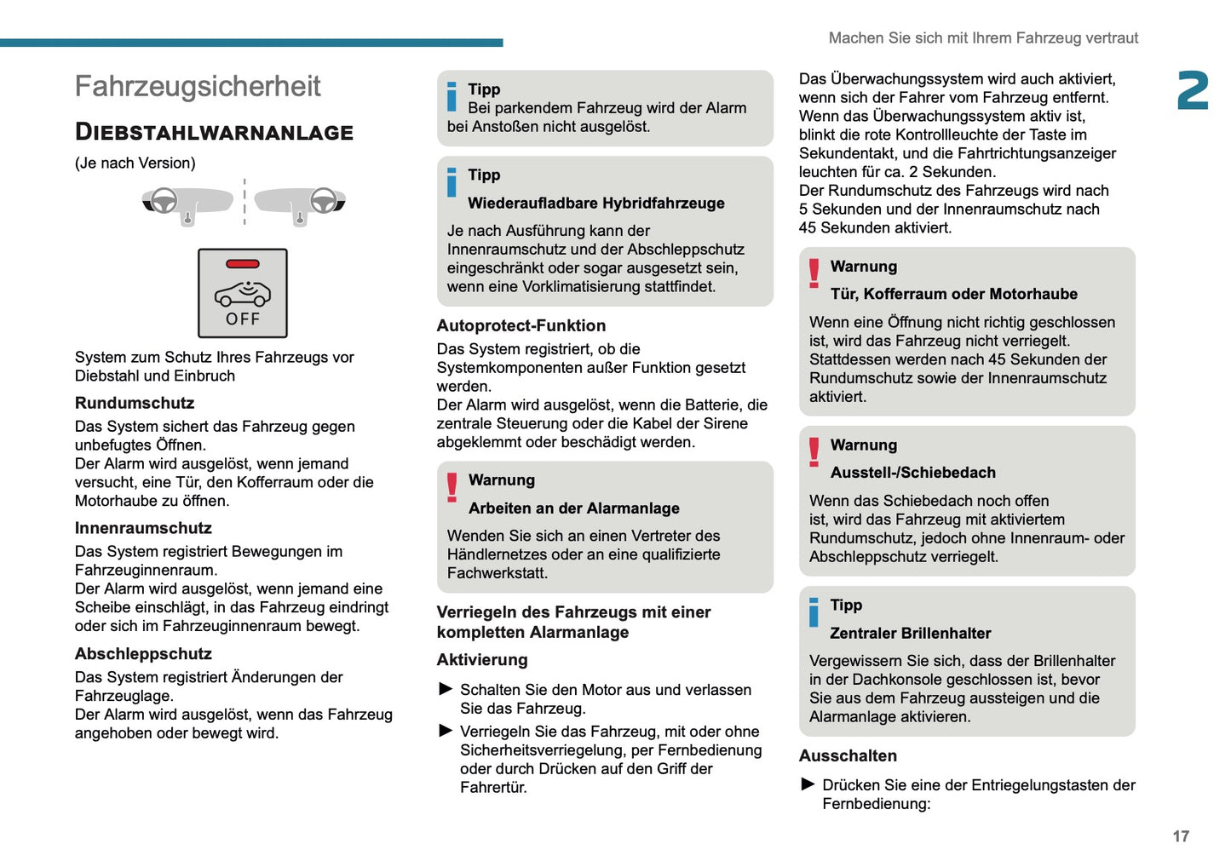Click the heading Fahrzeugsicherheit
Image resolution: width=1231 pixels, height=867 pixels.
tap(198, 86)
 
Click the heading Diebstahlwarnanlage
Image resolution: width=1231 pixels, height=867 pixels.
tap(214, 132)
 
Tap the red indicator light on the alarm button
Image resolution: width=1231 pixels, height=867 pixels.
tap(243, 264)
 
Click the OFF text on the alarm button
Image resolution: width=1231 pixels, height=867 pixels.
tap(243, 319)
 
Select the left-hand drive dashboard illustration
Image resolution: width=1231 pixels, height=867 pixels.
tap(187, 204)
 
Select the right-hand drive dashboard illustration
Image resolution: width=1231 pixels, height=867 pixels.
tap(300, 204)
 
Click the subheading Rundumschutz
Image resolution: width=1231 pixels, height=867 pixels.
tap(135, 403)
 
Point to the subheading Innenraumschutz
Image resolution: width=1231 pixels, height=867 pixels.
tap(143, 528)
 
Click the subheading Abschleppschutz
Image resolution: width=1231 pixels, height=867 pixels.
tap(143, 654)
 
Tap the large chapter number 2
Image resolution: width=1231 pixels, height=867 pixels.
tap(1192, 90)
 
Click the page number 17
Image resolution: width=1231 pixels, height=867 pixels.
tap(1180, 836)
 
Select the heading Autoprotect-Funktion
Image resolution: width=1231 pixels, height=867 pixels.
tap(521, 325)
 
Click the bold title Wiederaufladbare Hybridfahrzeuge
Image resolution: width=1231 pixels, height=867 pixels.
tap(596, 203)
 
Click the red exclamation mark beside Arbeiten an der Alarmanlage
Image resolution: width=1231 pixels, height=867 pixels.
tap(452, 486)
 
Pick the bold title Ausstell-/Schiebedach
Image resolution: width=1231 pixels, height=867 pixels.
tap(913, 473)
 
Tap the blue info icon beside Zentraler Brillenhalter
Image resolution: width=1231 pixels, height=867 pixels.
tap(814, 611)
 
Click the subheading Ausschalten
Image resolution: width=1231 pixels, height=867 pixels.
tap(848, 755)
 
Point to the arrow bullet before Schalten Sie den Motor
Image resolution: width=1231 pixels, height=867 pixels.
tap(446, 689)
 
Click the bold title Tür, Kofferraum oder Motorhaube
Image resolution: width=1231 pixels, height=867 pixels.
tap(954, 294)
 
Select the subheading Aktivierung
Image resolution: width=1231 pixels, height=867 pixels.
tap(482, 660)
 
